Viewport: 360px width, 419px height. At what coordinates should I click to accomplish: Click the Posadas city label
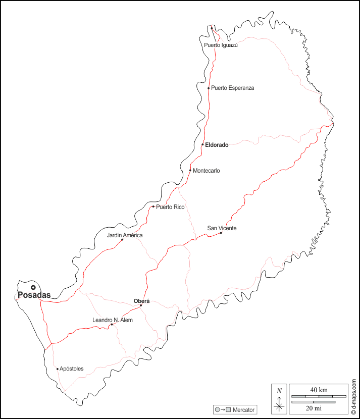34,295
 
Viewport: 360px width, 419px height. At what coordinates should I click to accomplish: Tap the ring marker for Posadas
33,287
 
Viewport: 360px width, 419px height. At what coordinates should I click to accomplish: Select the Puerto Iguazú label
221,45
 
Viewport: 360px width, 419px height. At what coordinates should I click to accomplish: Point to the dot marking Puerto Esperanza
209,88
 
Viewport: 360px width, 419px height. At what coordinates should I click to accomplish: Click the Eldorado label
217,145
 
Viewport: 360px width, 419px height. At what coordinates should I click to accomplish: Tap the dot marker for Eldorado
202,144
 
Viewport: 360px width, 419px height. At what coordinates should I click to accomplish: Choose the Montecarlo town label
207,171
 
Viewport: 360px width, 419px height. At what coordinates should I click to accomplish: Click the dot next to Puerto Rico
153,206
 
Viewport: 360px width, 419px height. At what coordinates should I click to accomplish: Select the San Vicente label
222,228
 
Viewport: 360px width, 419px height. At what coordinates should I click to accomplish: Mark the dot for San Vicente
221,233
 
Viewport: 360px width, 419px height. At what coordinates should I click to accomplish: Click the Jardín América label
125,235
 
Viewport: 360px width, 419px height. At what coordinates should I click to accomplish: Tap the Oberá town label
141,301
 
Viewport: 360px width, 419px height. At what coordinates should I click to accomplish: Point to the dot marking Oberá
141,305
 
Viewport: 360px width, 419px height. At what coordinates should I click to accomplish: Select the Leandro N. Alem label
113,320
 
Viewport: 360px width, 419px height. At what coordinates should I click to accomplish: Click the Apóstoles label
72,369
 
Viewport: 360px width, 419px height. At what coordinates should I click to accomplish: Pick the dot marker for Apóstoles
58,369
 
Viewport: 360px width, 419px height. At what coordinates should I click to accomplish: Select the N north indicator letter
279,391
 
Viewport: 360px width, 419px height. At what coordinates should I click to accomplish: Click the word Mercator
243,409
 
